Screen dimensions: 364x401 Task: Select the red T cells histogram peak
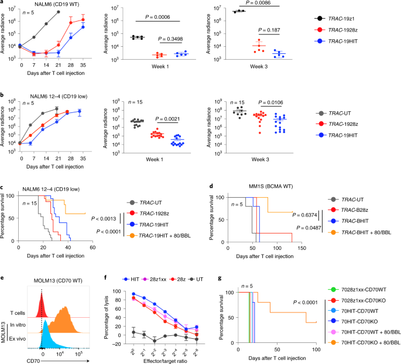coord(41,300)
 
